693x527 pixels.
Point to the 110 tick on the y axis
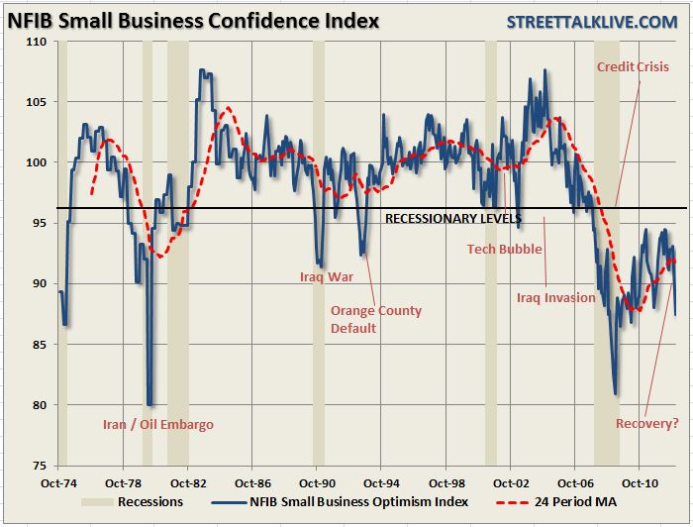tap(37, 42)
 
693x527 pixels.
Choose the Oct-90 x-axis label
tap(315, 484)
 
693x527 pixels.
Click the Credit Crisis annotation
tap(633, 67)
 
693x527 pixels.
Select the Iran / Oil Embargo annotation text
tap(157, 425)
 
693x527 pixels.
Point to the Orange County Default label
tap(375, 319)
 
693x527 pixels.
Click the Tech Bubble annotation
tap(504, 249)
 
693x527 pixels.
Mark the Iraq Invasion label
tap(556, 297)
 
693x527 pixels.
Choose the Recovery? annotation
tap(646, 424)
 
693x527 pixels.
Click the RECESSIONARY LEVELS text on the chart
tap(452, 218)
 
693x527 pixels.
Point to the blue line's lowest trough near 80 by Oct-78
tap(149, 403)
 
